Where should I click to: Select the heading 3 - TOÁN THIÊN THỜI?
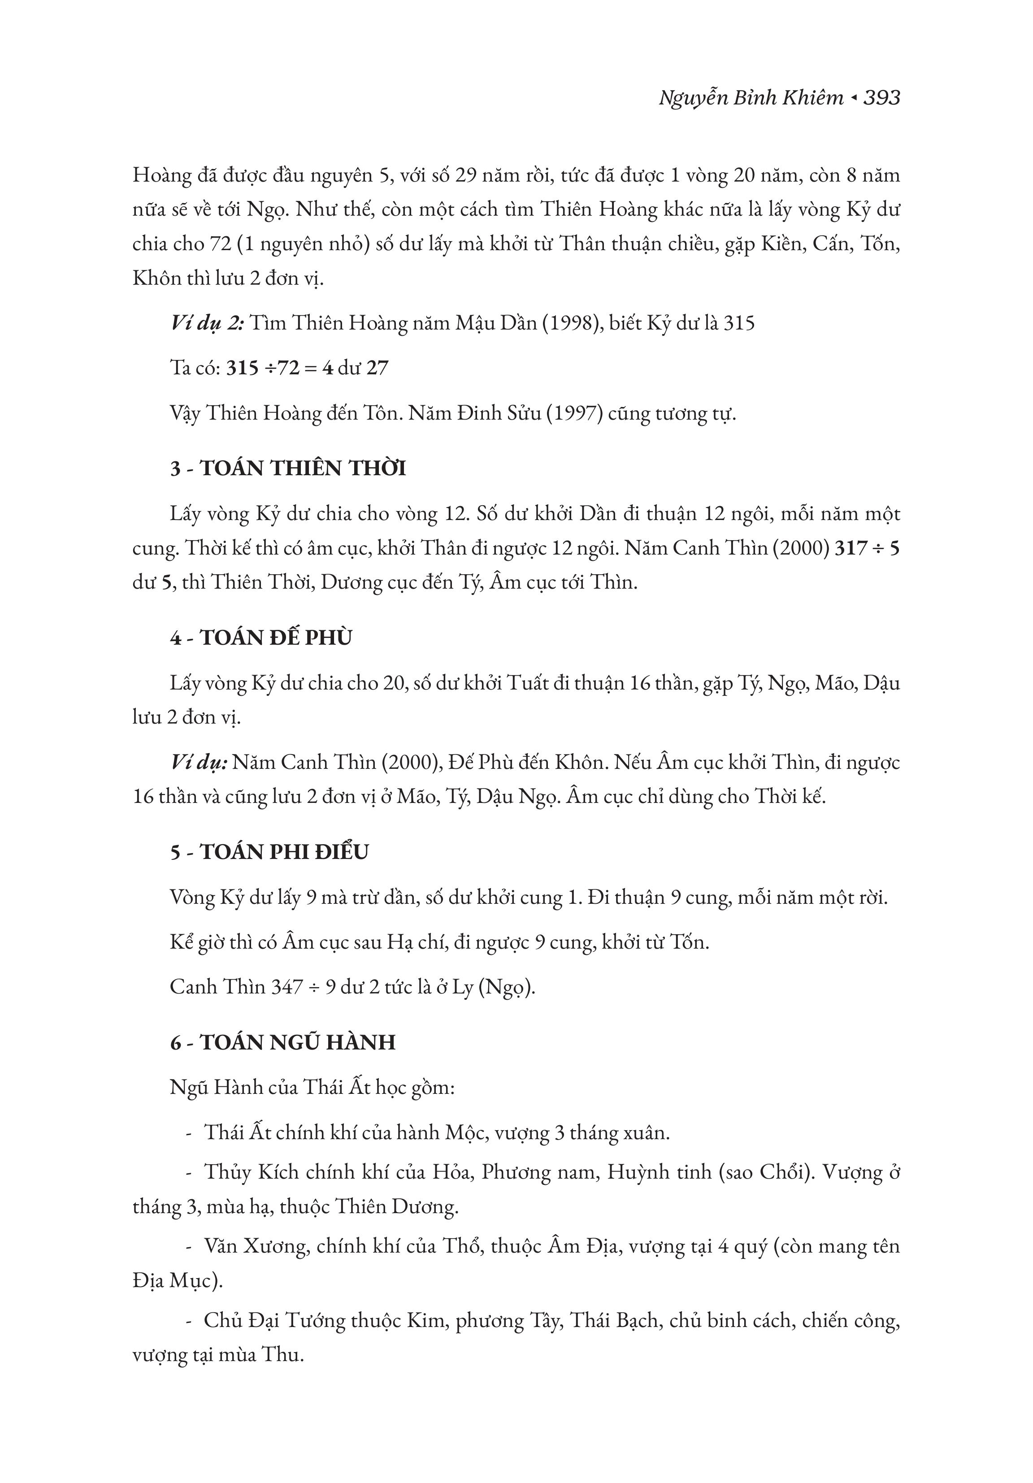click(288, 468)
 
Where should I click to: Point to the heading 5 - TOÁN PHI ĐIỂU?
click(269, 852)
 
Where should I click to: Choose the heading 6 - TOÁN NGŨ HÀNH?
click(283, 1042)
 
